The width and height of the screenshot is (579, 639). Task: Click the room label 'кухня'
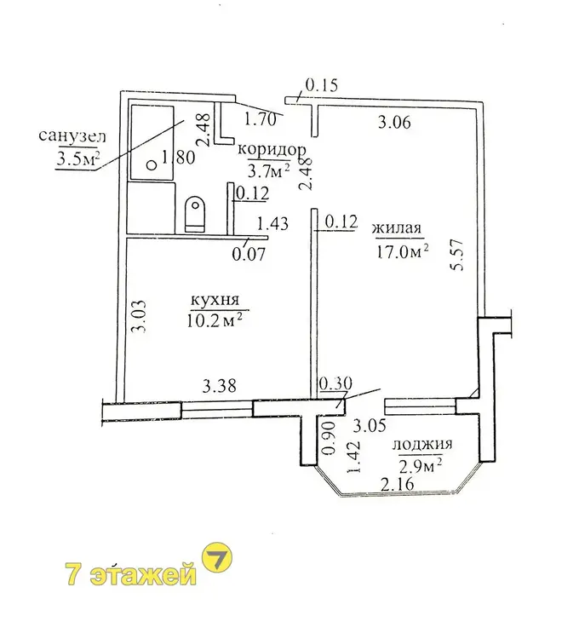215,301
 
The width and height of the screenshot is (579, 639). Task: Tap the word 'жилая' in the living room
397,227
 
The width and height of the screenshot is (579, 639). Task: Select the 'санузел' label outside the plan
72,135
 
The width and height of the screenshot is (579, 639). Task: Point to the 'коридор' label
272,150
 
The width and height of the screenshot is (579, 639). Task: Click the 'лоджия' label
422,444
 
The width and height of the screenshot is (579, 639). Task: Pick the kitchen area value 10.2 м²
215,320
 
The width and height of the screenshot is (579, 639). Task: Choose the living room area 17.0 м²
401,251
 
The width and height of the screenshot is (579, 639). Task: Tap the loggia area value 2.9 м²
421,464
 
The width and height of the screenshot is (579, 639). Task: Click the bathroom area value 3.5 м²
78,158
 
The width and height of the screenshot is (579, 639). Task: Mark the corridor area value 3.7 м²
269,170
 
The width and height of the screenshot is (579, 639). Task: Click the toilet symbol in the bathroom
196,215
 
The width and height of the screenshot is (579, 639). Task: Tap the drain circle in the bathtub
152,165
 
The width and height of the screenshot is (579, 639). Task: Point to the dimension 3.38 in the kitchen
220,385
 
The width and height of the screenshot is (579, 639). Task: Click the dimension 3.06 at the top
394,122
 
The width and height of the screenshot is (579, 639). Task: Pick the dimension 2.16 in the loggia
397,484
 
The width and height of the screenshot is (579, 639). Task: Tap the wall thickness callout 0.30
335,383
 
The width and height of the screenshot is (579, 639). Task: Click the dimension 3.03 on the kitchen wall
140,316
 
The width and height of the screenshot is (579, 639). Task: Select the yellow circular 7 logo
217,557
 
